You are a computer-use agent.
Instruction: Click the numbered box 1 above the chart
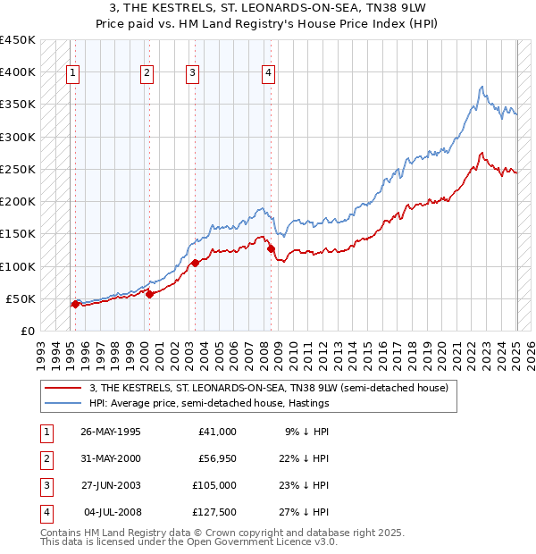pyautogui.click(x=72, y=74)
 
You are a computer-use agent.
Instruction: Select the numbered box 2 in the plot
pyautogui.click(x=147, y=74)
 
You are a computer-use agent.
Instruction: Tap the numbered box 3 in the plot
pyautogui.click(x=192, y=74)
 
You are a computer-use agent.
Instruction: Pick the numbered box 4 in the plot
pyautogui.click(x=268, y=74)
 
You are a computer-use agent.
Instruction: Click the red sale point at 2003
pyautogui.click(x=194, y=263)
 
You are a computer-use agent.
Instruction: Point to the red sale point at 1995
pyautogui.click(x=75, y=305)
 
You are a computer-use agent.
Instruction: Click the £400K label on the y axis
pyautogui.click(x=17, y=72)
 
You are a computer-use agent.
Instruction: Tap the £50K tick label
pyautogui.click(x=21, y=298)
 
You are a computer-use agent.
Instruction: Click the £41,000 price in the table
pyautogui.click(x=218, y=432)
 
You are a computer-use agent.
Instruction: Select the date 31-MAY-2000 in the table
pyautogui.click(x=111, y=458)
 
